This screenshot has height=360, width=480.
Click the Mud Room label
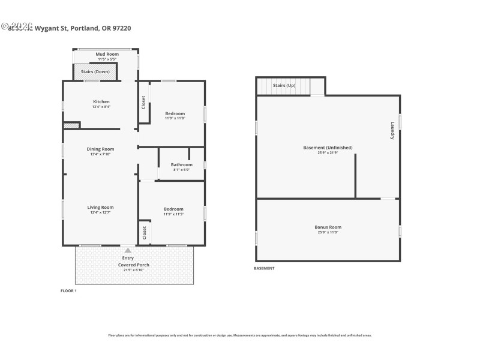coord(107,54)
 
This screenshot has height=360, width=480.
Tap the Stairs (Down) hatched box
coord(91,72)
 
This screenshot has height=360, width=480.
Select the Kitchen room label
coord(101,101)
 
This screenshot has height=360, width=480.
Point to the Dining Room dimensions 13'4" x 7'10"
coord(101,154)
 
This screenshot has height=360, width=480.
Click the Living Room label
coord(101,207)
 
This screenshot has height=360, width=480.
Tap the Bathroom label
coord(181,164)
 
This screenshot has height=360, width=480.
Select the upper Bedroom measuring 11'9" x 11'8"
coord(175,113)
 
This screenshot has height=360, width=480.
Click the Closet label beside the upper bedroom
coord(143,102)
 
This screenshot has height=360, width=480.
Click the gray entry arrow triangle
coord(127,250)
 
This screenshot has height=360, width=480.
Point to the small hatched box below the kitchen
coord(71,125)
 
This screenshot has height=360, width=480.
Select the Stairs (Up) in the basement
coord(284,86)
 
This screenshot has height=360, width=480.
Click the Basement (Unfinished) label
coord(328,148)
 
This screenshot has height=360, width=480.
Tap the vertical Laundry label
coord(392,131)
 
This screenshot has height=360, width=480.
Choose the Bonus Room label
coord(328,227)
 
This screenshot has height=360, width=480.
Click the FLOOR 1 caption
coord(69,291)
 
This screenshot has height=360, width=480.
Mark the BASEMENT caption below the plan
coord(265,268)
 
